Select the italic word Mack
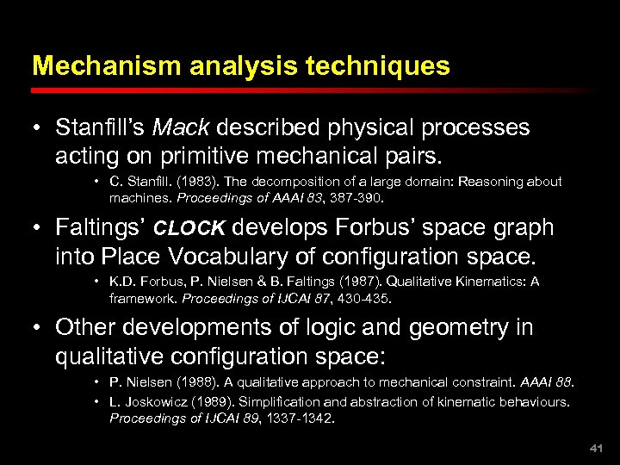181,128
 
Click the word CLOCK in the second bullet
189,229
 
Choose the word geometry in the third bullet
457,328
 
